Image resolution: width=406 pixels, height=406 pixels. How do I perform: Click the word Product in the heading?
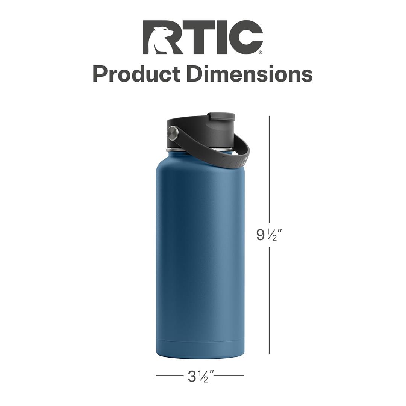pos(137,74)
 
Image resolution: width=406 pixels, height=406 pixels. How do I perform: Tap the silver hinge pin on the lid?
pos(173,132)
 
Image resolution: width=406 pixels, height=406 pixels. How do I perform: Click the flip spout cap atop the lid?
pos(221,117)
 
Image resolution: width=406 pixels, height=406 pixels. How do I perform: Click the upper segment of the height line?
pos(269,169)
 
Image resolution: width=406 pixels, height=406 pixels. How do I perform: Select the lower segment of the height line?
pos(269,301)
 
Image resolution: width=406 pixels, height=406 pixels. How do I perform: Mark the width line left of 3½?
pos(169,376)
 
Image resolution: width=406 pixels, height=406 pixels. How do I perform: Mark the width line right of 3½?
pos(229,376)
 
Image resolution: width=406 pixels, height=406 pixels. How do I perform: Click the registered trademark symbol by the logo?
pos(261,53)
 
